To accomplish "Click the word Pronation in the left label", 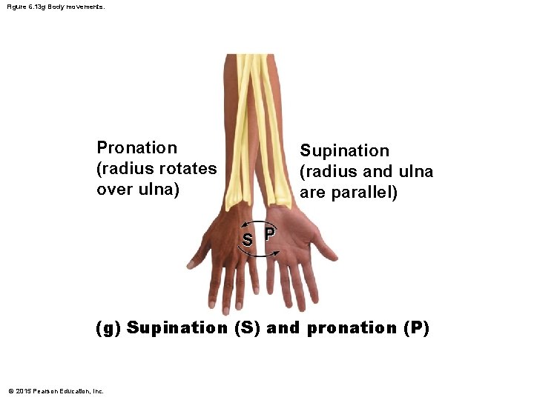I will [x=137, y=148].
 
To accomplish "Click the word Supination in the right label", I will [x=344, y=151].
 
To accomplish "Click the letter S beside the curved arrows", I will [x=248, y=239].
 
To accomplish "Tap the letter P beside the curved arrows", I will [x=269, y=234].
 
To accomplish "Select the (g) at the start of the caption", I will [x=109, y=327].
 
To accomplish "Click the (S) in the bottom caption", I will [x=247, y=327].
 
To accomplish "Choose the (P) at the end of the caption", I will [x=416, y=327].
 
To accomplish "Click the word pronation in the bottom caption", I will [x=351, y=327].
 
